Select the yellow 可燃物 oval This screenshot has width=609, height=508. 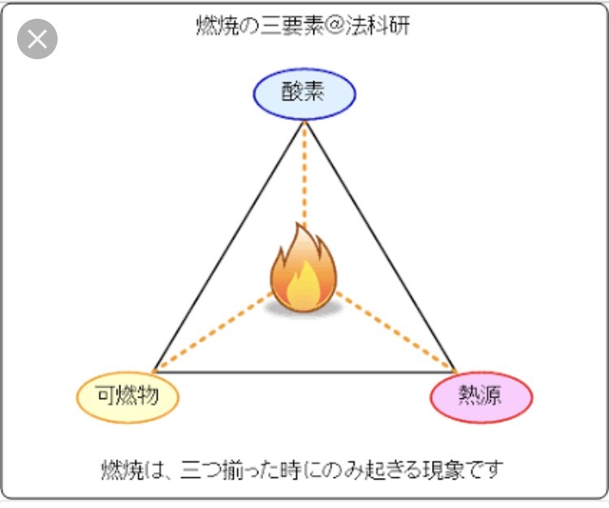pos(127,397)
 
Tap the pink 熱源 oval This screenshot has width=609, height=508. pos(481,397)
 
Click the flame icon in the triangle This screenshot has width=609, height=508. pos(302,273)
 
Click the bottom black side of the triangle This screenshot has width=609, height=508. pos(304,372)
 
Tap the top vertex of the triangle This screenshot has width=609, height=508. pos(304,121)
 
